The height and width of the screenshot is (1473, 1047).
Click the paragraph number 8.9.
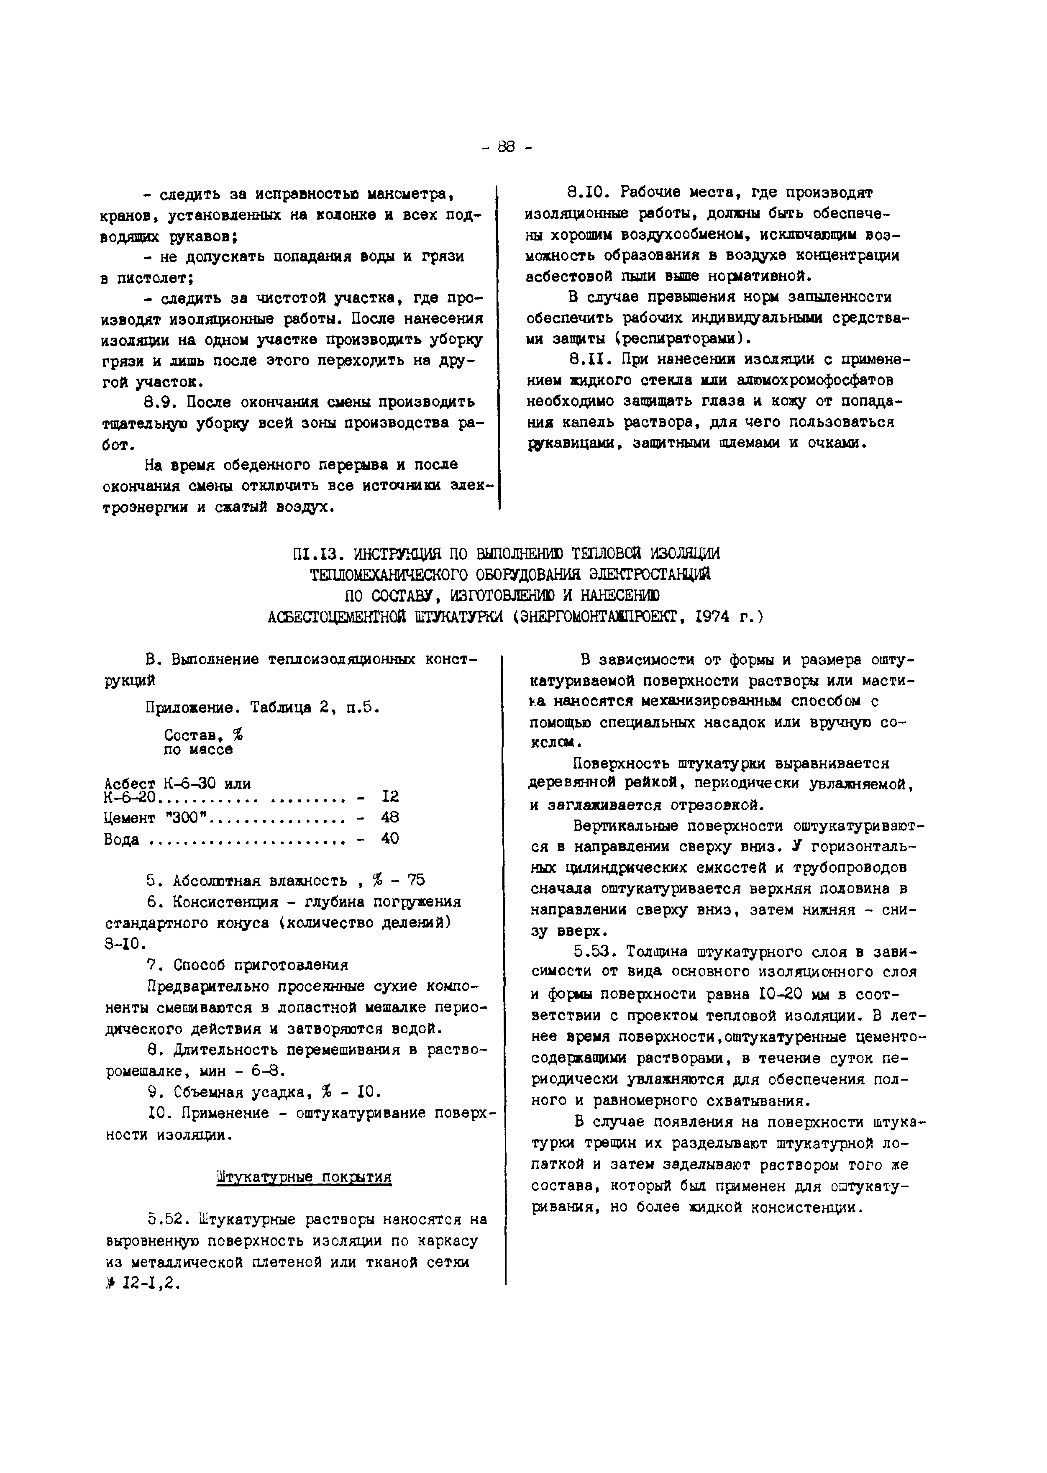point(161,403)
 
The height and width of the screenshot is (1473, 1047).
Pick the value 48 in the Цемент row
point(390,817)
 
